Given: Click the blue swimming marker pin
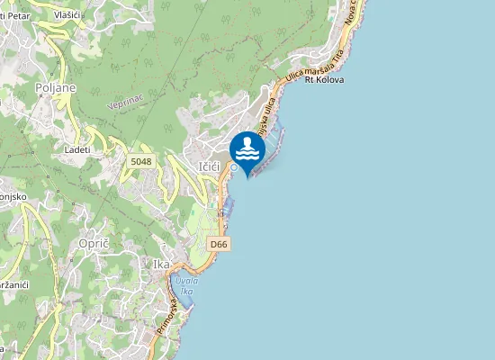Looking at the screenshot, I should tap(247, 150).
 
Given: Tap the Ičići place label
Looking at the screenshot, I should tap(210, 166).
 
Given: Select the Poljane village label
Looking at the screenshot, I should tap(56, 87).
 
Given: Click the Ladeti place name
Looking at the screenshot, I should tap(77, 149).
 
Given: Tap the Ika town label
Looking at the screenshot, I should tap(161, 265).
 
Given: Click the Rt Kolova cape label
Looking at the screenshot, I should tap(324, 79).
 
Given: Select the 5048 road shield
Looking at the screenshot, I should tap(141, 161).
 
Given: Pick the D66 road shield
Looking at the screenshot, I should tap(218, 244).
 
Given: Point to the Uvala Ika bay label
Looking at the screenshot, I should tap(186, 285).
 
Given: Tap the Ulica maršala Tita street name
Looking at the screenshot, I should tap(315, 67).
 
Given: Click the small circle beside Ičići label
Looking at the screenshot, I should tap(233, 167).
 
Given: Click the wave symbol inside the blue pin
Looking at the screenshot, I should tap(247, 154).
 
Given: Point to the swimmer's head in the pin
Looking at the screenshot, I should tap(247, 140).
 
